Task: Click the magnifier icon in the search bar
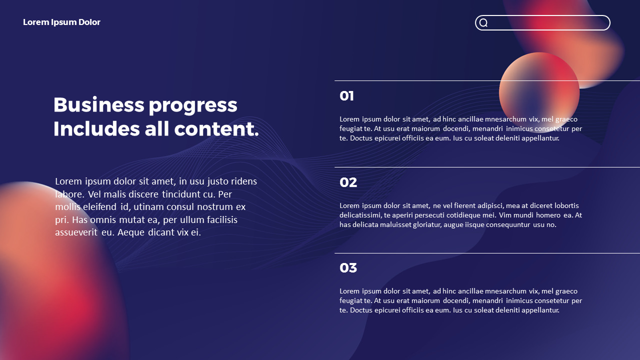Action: pyautogui.click(x=483, y=22)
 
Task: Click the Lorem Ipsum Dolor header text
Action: pyautogui.click(x=61, y=22)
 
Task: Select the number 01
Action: pyautogui.click(x=346, y=96)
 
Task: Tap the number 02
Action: pyautogui.click(x=348, y=182)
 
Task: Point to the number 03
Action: pyautogui.click(x=348, y=268)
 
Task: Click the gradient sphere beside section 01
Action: pyautogui.click(x=539, y=92)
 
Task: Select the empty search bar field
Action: pyautogui.click(x=547, y=22)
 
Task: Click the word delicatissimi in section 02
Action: pyautogui.click(x=360, y=215)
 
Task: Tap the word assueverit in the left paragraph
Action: pyautogui.click(x=76, y=232)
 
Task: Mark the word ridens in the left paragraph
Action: pyautogui.click(x=243, y=181)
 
